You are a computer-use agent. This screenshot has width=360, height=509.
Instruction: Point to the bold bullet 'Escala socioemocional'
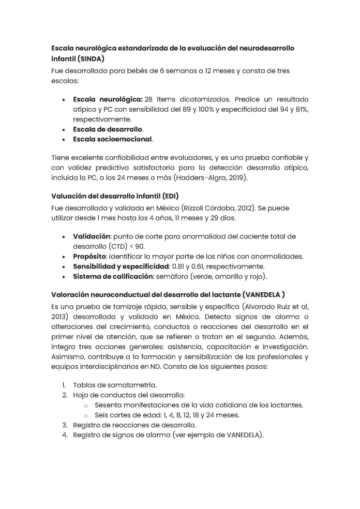tap(112, 139)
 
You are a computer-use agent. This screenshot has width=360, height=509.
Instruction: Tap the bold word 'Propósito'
tap(89, 257)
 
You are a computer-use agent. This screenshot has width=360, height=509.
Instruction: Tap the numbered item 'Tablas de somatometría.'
tap(114, 385)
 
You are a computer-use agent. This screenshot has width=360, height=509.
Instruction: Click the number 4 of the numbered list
tap(65, 435)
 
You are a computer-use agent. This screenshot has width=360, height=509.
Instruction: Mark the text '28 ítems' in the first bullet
tap(157, 99)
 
